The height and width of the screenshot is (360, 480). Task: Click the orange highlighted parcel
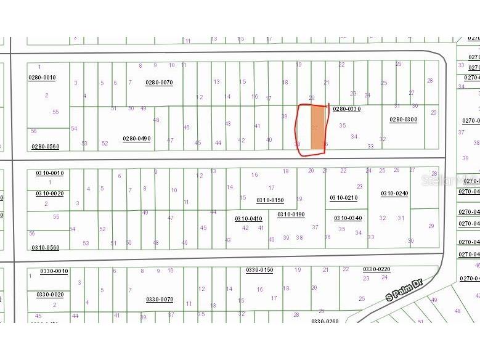[x=317, y=128]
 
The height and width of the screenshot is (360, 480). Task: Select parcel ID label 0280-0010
[x=42, y=78]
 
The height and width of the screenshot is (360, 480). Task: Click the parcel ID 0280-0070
[x=159, y=83]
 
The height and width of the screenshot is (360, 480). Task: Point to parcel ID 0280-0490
[x=136, y=139]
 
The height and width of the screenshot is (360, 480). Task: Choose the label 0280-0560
[x=46, y=147]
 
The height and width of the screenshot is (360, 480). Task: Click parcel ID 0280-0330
[x=346, y=108]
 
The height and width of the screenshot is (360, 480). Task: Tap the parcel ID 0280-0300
[x=403, y=120]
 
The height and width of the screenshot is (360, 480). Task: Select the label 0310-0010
[x=49, y=173]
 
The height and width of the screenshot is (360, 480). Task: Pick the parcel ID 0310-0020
[x=49, y=194]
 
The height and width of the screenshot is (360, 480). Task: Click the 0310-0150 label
[x=270, y=200]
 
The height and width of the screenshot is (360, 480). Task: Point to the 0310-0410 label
[x=248, y=218]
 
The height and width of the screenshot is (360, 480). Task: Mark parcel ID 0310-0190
[x=291, y=215]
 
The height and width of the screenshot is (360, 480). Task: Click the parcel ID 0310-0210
[x=343, y=198]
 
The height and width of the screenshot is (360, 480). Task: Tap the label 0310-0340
[x=348, y=218]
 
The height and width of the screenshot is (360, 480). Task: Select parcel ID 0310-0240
[x=394, y=194]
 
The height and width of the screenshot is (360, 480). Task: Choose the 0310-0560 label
[x=46, y=248]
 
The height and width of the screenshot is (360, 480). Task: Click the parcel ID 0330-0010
[x=54, y=271]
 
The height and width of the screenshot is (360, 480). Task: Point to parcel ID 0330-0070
[x=160, y=300]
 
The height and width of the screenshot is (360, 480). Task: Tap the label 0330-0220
[x=376, y=269]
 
